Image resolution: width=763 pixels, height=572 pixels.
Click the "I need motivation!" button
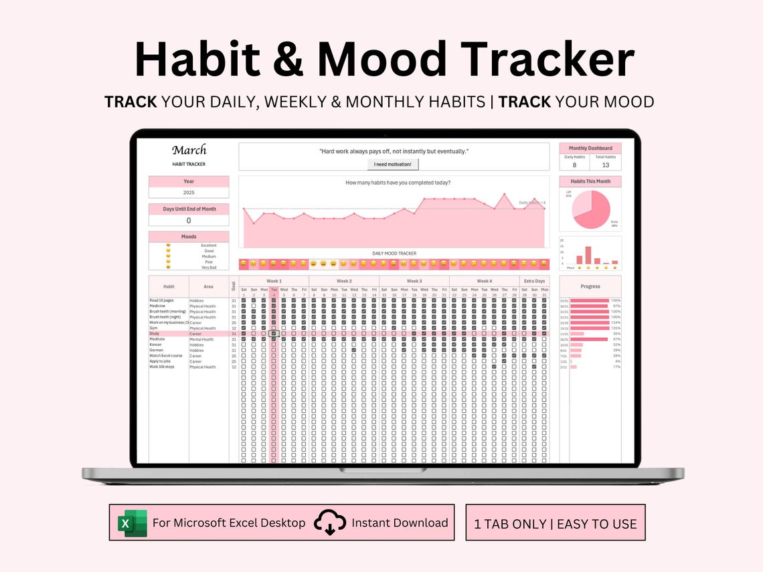[x=393, y=164]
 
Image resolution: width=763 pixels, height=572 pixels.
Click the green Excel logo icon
[x=132, y=522]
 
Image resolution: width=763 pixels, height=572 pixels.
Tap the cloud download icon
[x=329, y=522]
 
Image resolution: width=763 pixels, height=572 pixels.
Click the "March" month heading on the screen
[x=189, y=150]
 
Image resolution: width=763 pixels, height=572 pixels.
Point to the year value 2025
[x=188, y=193]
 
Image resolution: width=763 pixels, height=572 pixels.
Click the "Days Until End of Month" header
[x=189, y=209]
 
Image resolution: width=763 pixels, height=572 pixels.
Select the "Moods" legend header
[x=189, y=237]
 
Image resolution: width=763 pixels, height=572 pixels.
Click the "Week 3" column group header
[x=414, y=281]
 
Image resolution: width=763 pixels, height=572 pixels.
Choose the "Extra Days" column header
[x=534, y=281]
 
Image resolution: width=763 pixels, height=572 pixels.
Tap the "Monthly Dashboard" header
[x=590, y=149]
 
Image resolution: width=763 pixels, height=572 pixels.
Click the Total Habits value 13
[x=606, y=165]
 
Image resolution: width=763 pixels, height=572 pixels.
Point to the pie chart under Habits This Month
[x=592, y=209]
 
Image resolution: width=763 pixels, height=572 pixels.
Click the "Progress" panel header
[x=590, y=286]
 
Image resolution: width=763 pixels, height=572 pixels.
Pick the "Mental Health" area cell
[x=201, y=339]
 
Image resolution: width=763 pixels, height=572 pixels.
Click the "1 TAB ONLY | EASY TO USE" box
[x=556, y=523]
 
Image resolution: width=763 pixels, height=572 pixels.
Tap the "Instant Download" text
[x=400, y=522]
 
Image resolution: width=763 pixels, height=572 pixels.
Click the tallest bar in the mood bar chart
[x=588, y=255]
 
